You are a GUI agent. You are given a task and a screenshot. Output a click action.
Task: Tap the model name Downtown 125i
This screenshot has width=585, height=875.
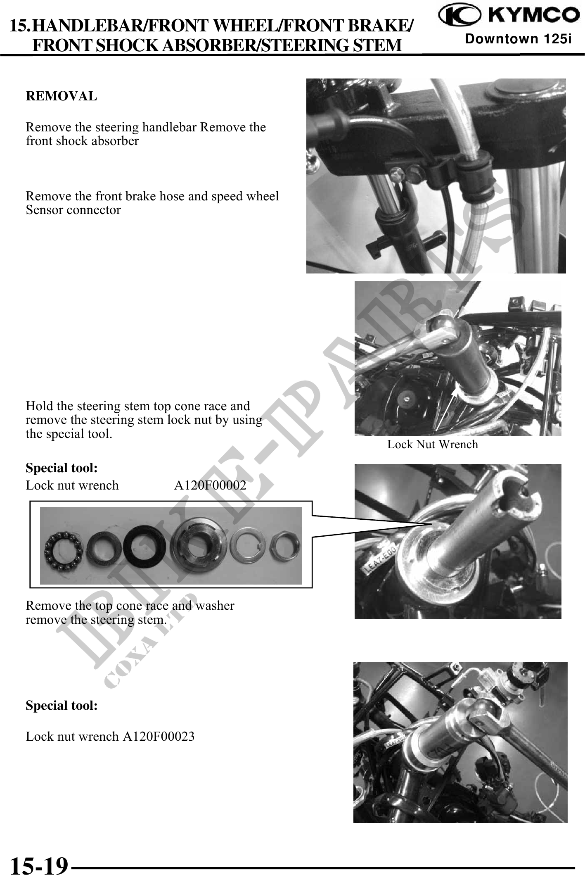tap(518, 39)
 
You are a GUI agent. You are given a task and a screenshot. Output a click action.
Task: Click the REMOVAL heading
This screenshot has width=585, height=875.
tap(62, 96)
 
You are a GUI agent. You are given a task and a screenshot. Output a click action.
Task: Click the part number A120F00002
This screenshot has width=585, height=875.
tap(210, 485)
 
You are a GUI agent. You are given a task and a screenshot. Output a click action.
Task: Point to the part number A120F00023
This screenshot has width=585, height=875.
tap(159, 736)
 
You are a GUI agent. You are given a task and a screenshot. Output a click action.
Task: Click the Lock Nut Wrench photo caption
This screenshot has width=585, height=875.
tap(433, 445)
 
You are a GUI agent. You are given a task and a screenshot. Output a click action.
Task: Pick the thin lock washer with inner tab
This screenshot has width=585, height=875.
tap(248, 546)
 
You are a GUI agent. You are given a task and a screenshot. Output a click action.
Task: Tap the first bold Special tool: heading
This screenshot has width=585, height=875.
tap(62, 468)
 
